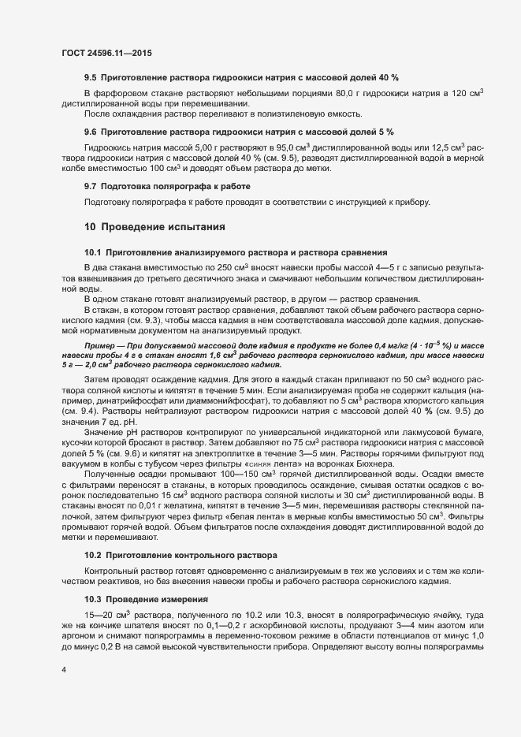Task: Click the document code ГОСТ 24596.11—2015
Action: (106, 53)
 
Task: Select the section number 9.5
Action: (91, 80)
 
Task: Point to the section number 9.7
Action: (91, 187)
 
